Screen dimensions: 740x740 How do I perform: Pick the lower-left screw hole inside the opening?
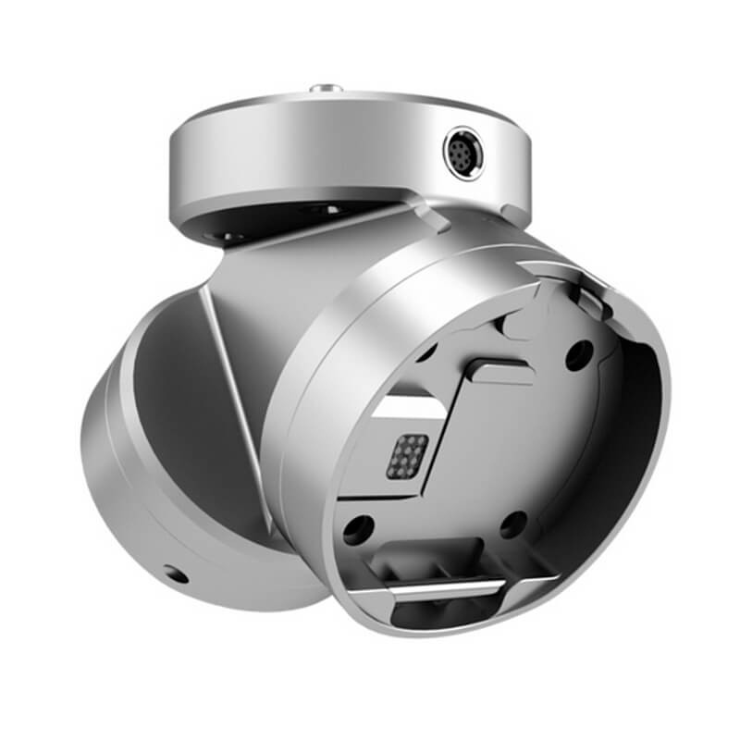pyautogui.click(x=357, y=529)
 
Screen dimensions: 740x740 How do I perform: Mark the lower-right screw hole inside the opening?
pyautogui.click(x=513, y=525)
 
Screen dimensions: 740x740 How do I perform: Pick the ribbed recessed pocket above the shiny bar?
pyautogui.click(x=435, y=560)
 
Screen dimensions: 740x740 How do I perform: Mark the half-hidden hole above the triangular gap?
pyautogui.click(x=427, y=352)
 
